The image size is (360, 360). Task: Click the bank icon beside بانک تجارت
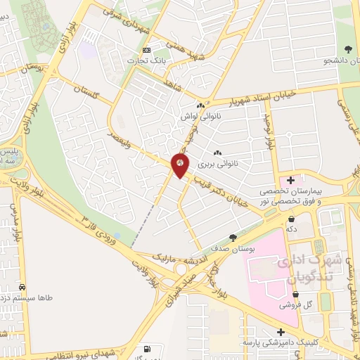point(146,50)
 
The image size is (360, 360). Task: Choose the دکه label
point(290,229)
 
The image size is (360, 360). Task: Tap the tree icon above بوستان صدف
point(233,238)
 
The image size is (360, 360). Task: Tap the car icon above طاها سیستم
point(23,288)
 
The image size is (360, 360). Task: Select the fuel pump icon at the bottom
point(146,349)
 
